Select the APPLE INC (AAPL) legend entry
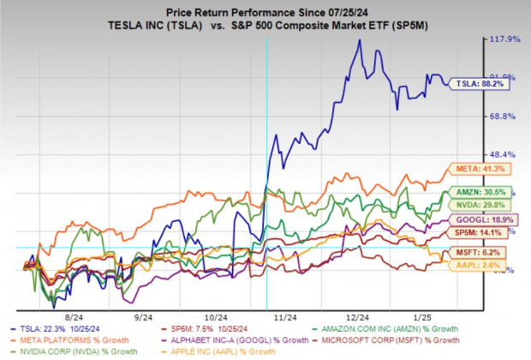[x=224, y=351]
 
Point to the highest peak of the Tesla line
[x=359, y=39]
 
